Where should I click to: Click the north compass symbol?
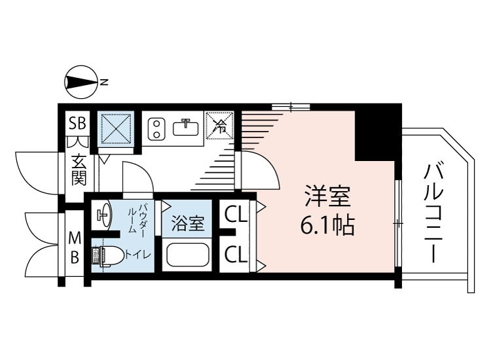click(81, 82)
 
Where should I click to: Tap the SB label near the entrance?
click(78, 123)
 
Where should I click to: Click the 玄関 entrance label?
click(79, 168)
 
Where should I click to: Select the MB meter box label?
click(75, 247)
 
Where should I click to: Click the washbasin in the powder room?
click(102, 214)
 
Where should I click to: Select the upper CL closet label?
click(235, 215)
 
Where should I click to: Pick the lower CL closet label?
click(235, 255)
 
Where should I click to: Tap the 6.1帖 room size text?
click(327, 226)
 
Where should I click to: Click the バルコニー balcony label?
click(434, 213)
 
